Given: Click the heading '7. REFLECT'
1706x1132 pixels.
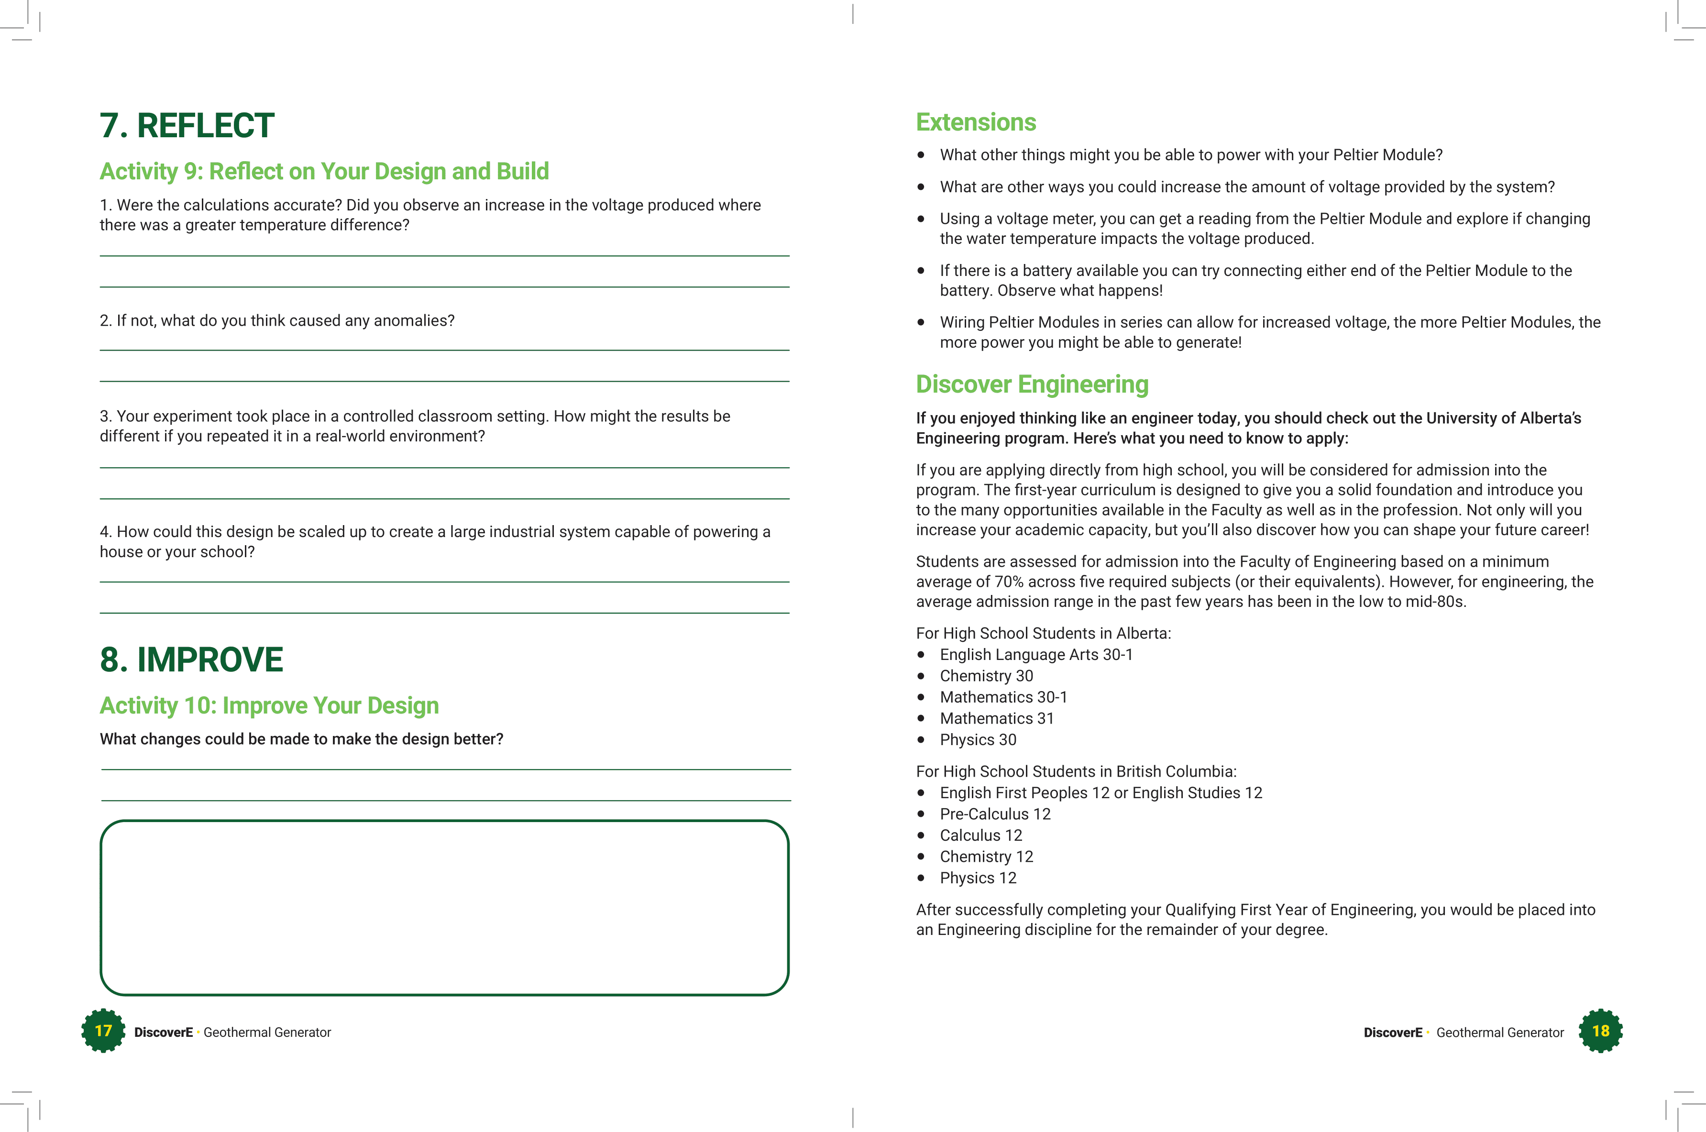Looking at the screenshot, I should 187,126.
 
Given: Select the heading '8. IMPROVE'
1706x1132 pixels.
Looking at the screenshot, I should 191,660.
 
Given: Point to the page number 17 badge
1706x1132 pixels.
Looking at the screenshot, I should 103,1031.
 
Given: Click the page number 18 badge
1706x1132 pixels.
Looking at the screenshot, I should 1601,1031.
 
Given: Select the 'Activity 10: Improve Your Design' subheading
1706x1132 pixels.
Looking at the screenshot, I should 269,705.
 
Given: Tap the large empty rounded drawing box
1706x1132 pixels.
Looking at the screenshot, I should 444,908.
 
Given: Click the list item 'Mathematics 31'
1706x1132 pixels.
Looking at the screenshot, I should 996,718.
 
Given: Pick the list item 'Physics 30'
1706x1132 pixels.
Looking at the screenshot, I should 978,739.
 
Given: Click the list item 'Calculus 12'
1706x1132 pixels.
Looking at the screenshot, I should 980,835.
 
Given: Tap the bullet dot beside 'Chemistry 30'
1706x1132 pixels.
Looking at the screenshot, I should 921,676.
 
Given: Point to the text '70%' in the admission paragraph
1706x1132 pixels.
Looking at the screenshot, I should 1009,582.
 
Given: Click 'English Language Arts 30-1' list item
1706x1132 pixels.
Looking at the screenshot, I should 1036,655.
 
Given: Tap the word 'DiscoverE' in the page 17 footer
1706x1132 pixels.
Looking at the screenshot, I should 163,1033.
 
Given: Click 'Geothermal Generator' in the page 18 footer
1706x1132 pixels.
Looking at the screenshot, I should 1499,1033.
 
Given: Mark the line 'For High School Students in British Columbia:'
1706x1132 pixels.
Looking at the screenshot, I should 1076,772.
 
